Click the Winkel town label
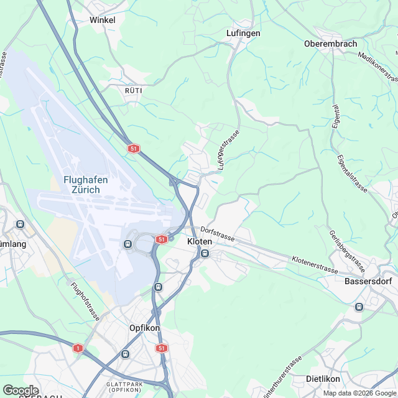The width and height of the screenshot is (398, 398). (x=103, y=20)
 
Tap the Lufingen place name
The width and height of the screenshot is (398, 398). (x=243, y=33)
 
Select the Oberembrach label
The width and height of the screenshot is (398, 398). (x=330, y=44)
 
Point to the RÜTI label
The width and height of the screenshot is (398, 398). (x=134, y=90)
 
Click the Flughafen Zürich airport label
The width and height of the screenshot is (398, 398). (x=86, y=185)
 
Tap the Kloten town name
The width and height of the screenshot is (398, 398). (x=200, y=241)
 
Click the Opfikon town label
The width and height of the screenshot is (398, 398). (x=144, y=328)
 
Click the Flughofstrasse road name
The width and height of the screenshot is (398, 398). (x=85, y=301)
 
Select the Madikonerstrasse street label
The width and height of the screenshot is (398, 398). (x=378, y=66)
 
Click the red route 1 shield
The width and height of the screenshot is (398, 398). (x=78, y=348)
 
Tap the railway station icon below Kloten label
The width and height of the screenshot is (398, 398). (x=204, y=253)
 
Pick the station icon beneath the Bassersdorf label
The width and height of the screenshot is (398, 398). (x=358, y=307)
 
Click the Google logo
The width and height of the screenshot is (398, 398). (x=21, y=390)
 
